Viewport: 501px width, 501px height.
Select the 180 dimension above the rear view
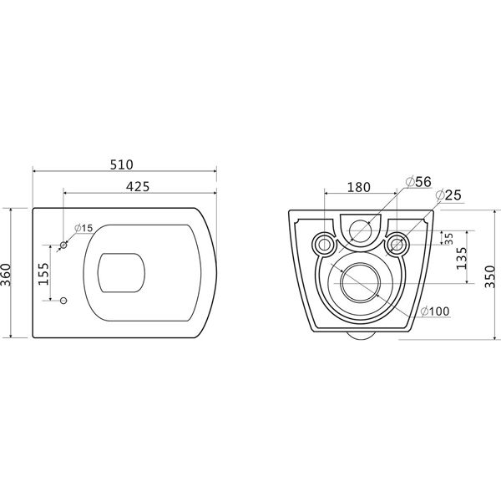(358, 186)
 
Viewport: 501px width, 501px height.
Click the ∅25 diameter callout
(450, 195)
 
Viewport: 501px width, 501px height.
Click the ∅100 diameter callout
(435, 312)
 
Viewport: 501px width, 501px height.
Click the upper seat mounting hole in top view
(64, 245)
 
